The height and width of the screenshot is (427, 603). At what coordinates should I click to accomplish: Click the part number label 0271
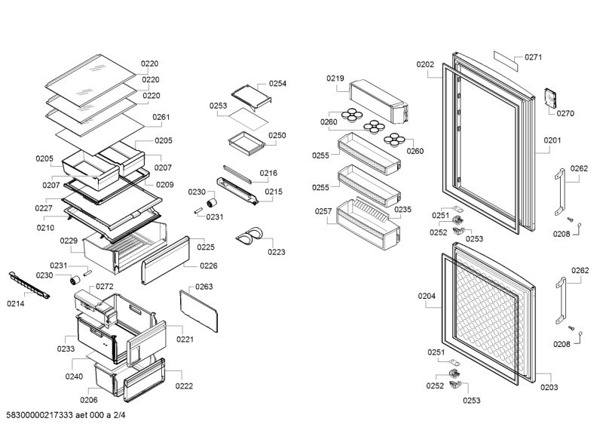534,57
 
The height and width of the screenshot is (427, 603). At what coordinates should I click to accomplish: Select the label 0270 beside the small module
565,114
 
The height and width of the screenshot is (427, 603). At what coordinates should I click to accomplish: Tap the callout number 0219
335,78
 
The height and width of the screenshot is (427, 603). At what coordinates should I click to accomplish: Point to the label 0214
15,304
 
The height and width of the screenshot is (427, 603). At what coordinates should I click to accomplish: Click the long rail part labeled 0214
29,285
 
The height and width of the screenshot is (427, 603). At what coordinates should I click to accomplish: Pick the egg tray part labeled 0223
250,235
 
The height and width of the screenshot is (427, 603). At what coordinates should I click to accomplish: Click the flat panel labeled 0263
198,311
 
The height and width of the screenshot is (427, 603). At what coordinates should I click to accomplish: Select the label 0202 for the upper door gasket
425,65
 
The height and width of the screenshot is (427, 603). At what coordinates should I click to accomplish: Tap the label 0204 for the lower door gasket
427,296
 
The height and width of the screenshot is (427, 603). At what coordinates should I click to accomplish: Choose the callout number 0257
323,211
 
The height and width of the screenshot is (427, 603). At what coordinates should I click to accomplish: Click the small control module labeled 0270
550,100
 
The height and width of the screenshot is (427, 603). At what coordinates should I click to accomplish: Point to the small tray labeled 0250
246,143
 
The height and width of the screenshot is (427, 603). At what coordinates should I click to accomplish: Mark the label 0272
105,287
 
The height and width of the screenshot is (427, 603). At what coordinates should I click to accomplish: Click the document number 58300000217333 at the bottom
40,415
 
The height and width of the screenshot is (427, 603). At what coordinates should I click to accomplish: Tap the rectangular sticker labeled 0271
506,61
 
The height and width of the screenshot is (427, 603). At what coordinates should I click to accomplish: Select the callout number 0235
403,210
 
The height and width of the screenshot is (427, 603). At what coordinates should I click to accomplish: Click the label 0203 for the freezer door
549,388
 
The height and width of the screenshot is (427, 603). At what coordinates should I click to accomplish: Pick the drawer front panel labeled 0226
166,261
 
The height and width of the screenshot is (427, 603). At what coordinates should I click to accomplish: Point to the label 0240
74,376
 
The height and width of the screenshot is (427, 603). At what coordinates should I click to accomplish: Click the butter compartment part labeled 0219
378,101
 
